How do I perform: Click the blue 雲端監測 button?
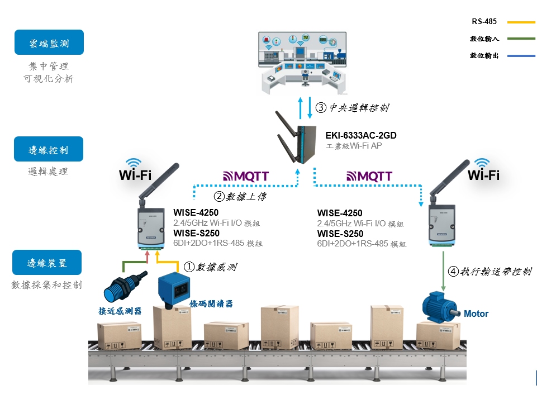(x=49, y=42)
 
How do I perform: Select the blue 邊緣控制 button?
(x=49, y=149)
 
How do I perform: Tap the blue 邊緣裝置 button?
(x=47, y=263)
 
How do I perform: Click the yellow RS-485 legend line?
(x=521, y=22)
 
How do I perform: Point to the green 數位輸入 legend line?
(x=521, y=39)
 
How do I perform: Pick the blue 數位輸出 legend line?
(x=521, y=56)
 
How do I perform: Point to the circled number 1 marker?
(x=189, y=267)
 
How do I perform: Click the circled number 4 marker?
(x=454, y=272)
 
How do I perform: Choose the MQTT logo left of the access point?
(x=246, y=177)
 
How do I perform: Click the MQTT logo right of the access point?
(x=369, y=177)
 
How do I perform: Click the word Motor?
(x=476, y=314)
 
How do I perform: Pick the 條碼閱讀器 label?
(x=211, y=304)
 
